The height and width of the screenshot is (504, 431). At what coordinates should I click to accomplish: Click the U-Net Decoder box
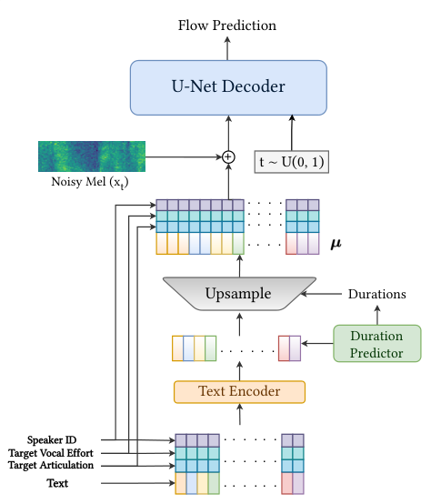(228, 87)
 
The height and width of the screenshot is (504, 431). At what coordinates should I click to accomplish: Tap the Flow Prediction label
(227, 25)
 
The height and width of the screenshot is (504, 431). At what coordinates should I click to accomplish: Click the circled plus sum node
(228, 157)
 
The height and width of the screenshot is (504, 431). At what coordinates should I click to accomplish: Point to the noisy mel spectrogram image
(92, 156)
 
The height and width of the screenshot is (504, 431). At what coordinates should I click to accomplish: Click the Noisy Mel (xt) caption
(90, 183)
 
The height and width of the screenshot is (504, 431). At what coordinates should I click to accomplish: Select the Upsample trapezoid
(239, 294)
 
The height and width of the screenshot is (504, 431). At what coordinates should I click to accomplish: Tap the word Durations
(377, 294)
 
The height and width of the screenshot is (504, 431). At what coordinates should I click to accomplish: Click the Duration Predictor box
(377, 344)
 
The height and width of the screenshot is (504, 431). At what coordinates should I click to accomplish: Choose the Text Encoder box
(239, 392)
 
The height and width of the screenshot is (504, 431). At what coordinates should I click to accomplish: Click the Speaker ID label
(52, 440)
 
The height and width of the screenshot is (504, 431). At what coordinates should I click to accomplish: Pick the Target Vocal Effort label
(51, 453)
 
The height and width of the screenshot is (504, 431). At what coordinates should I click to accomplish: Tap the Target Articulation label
(51, 466)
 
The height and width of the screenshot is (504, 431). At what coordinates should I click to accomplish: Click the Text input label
(57, 483)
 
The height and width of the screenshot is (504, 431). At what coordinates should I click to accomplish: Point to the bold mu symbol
(336, 245)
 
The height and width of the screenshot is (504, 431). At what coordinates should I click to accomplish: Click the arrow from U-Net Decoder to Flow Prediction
(227, 48)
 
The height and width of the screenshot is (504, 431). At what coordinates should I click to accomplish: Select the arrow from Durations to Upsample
(321, 294)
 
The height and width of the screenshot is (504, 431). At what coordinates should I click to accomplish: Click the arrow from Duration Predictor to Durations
(377, 315)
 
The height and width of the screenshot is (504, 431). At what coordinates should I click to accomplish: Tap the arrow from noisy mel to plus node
(184, 157)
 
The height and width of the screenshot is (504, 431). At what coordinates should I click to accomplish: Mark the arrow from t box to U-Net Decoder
(292, 133)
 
